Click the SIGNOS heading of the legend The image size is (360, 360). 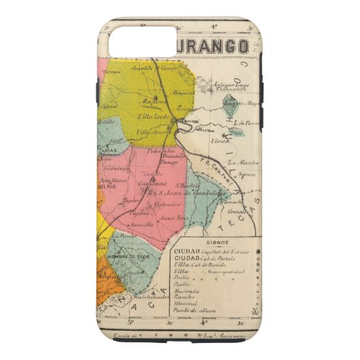click(x=214, y=242)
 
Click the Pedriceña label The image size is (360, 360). click(x=162, y=151)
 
